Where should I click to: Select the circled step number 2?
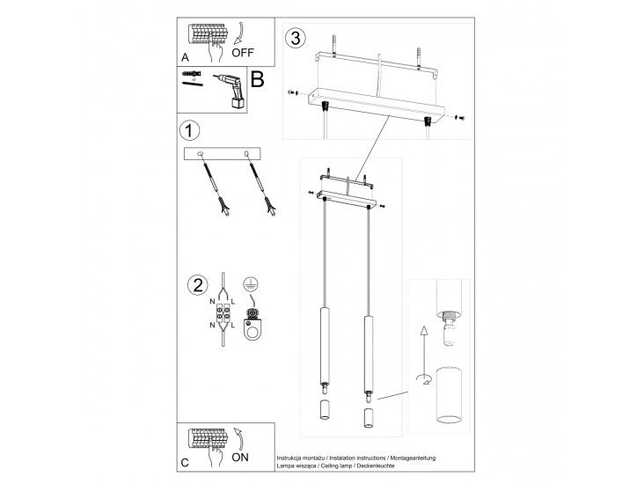197,286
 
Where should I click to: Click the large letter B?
257,80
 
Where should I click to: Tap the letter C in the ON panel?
185,463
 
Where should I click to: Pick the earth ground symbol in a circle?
250,284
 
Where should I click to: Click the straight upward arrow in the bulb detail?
423,340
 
